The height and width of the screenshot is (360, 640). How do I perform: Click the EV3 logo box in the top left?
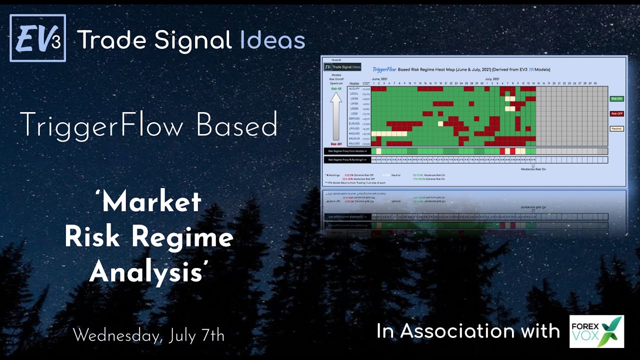click(37, 38)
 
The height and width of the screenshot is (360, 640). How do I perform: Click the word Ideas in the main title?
click(272, 40)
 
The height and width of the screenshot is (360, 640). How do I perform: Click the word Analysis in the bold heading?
click(148, 272)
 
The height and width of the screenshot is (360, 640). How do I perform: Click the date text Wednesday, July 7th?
click(148, 335)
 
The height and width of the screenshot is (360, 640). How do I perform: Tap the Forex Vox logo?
click(596, 331)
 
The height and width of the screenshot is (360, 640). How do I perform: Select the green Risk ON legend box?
click(616, 99)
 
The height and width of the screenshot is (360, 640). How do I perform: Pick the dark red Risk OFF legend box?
click(616, 113)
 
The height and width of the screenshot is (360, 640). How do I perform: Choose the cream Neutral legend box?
click(616, 128)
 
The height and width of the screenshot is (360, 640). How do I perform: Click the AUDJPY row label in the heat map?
click(354, 88)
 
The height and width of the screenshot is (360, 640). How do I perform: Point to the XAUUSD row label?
click(354, 143)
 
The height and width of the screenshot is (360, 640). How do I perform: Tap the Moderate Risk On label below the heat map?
click(533, 169)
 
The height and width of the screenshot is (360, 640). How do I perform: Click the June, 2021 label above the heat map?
click(380, 79)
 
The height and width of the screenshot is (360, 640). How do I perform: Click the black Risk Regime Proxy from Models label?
click(347, 150)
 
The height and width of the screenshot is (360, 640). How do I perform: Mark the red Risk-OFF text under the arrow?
click(336, 143)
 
